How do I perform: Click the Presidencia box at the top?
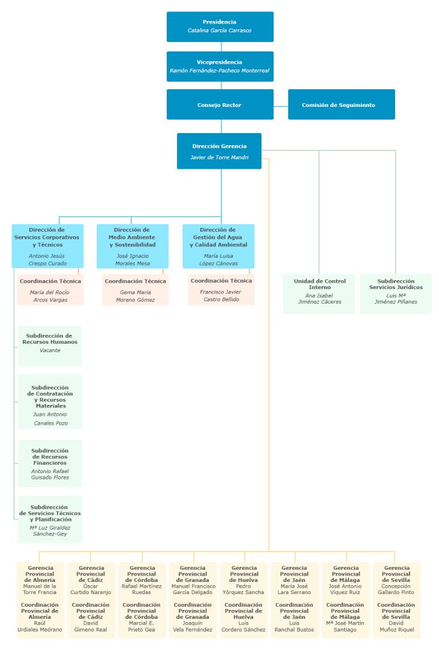[x=219, y=26]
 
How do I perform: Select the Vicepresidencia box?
[x=219, y=66]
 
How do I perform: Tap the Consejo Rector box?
[x=219, y=104]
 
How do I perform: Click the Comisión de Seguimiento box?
[x=341, y=104]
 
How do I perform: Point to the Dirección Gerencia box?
[x=219, y=151]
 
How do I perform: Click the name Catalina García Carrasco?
[x=219, y=31]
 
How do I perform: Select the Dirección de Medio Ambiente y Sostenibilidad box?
[x=132, y=245]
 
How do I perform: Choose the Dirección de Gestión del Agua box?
[x=218, y=245]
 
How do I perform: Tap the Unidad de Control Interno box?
[x=319, y=293]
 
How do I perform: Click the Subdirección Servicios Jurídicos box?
[x=396, y=293]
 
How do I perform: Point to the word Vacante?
[x=50, y=350]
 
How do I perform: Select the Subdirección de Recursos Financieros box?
[x=50, y=464]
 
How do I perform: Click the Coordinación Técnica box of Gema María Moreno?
[x=135, y=290]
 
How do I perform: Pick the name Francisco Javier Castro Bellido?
[x=221, y=295]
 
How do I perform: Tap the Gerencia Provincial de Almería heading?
[x=40, y=573]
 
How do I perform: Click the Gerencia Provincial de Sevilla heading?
[x=396, y=573]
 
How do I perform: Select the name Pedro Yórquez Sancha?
[x=244, y=589]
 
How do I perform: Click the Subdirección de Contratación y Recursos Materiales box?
[x=50, y=405]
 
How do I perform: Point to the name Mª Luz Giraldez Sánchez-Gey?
[x=50, y=532]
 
